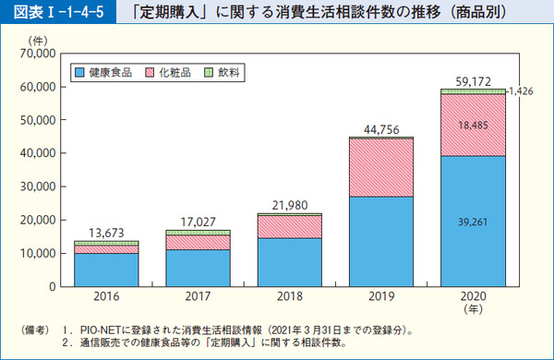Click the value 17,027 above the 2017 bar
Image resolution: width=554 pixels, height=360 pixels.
(x=199, y=222)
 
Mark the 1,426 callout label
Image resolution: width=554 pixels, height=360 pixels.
(x=524, y=92)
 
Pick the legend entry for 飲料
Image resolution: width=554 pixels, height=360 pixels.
(x=222, y=71)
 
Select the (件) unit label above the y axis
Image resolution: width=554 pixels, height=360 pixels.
(x=38, y=39)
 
